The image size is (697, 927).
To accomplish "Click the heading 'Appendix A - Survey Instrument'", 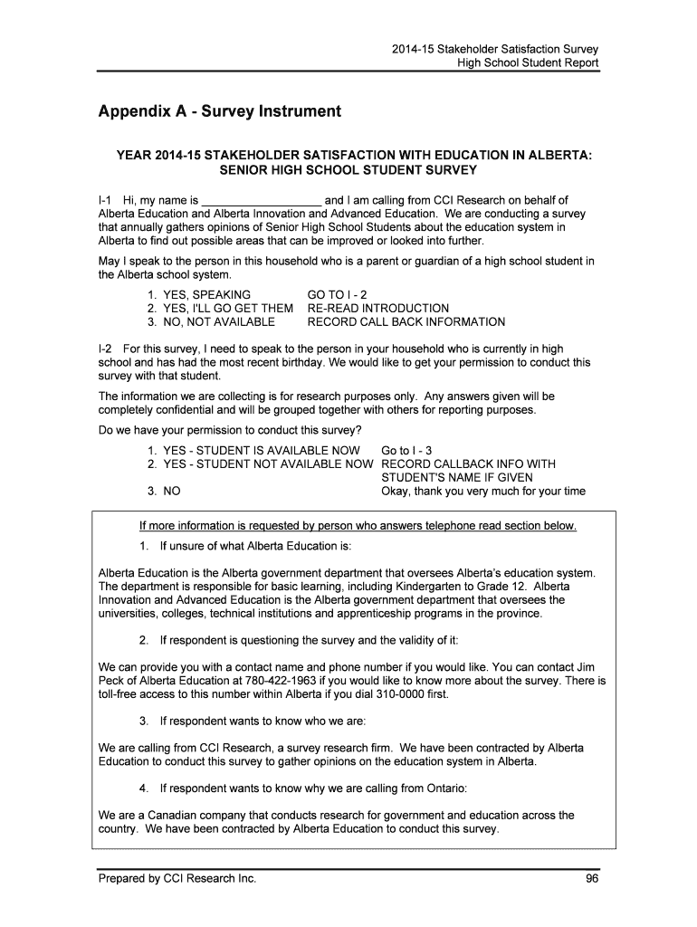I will tap(219, 112).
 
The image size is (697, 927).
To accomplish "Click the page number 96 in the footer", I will tap(591, 879).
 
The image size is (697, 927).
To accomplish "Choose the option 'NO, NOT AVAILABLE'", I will tap(218, 321).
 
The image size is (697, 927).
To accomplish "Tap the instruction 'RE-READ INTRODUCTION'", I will tap(378, 309).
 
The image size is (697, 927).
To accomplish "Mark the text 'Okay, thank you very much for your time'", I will tap(483, 492).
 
